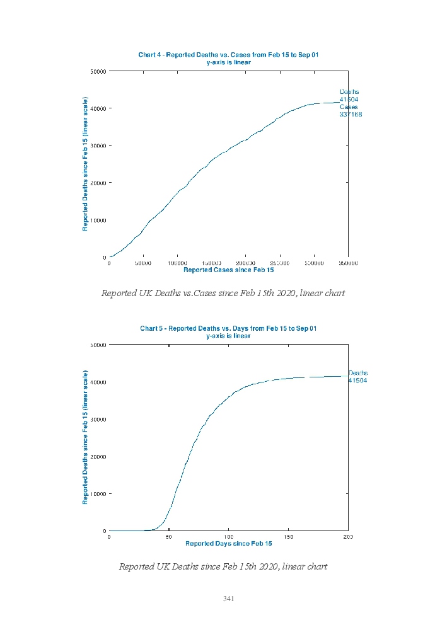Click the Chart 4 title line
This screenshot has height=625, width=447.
coord(228,55)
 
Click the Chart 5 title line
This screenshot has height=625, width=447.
coord(228,328)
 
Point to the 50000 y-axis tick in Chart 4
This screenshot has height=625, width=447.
coord(98,71)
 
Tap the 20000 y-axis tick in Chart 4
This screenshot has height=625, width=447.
coord(98,183)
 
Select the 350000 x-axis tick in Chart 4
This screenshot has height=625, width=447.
coord(348,263)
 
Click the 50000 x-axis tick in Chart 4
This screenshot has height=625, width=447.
coord(143,263)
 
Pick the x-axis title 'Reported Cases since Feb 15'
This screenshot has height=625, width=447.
coord(228,270)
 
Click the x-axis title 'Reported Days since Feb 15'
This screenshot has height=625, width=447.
coord(228,543)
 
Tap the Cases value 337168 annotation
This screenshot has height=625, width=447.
coord(351,115)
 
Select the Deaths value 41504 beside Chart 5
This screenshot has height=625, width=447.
coord(357,381)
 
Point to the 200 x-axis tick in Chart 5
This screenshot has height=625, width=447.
coord(348,537)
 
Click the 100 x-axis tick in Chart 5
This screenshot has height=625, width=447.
coord(228,537)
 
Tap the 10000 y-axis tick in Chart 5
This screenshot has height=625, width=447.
coord(98,493)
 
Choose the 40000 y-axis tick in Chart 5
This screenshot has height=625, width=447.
coord(98,382)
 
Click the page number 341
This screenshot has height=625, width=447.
coord(228,599)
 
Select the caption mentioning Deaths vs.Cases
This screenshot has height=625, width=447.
coord(223,293)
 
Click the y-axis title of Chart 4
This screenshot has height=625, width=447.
coord(85,164)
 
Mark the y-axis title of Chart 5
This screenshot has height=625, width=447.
coord(85,437)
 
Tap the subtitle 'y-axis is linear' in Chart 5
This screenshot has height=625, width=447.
coord(228,336)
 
